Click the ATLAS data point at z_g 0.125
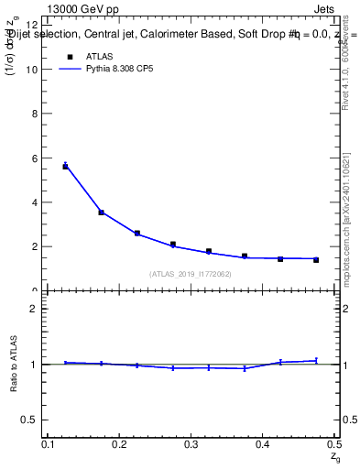(66, 166)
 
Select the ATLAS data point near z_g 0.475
(316, 260)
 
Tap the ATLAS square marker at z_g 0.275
(173, 245)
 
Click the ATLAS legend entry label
(99, 57)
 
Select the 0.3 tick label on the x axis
(191, 444)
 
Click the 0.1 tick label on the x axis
(49, 444)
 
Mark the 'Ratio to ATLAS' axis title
(14, 365)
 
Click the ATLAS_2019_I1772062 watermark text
(191, 274)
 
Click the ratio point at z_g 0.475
(316, 361)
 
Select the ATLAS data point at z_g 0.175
(102, 213)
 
